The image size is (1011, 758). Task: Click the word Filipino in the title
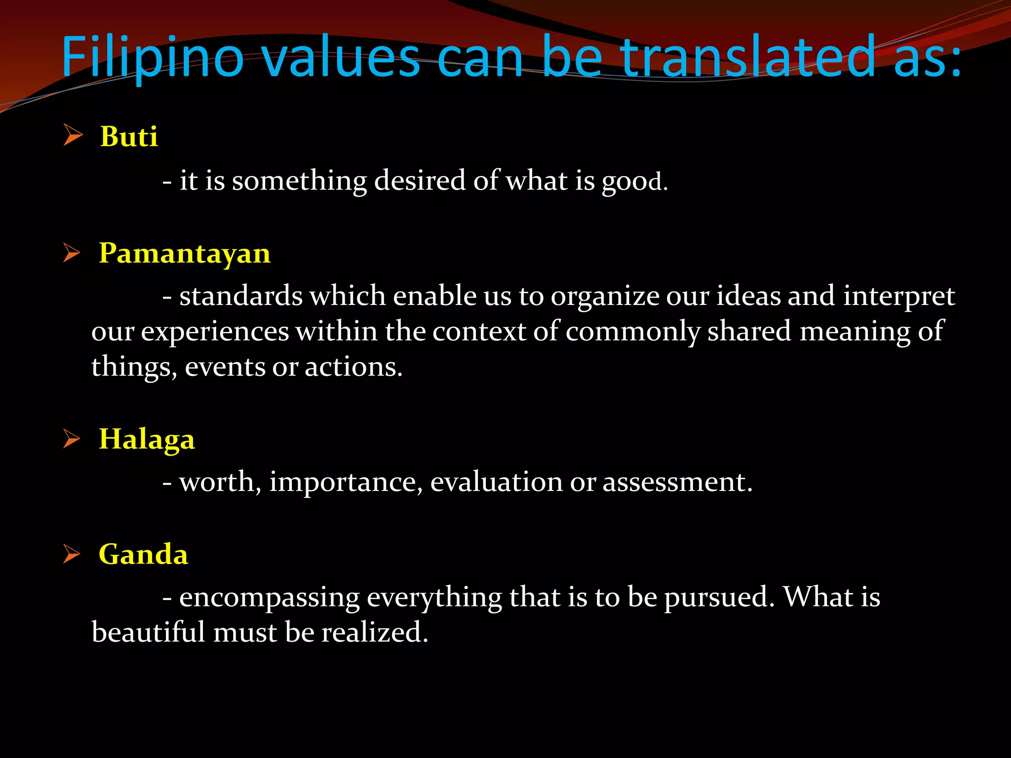pos(153,58)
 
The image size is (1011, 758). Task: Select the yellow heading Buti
pos(129,136)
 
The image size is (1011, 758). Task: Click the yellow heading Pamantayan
pos(185,253)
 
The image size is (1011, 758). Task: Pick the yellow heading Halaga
pos(147,439)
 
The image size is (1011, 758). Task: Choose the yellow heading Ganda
pos(143,554)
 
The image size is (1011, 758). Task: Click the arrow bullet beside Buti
pos(73,135)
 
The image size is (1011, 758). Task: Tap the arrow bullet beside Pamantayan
pos(72,253)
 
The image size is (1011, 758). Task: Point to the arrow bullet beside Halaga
pos(72,439)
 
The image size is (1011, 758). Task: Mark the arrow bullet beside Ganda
pos(72,554)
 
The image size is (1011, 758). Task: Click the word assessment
pos(677,482)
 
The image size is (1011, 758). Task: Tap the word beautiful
pos(148,633)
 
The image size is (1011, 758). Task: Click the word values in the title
pos(340,58)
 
